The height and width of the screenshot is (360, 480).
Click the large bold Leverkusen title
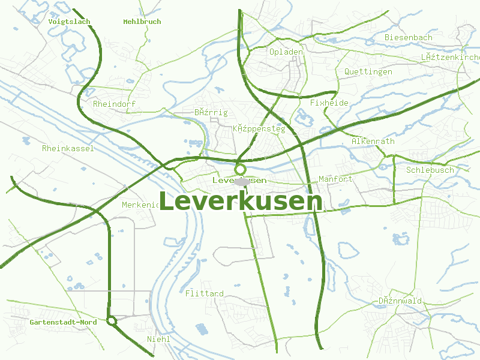click(x=241, y=202)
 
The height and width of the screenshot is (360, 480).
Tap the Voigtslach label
click(x=69, y=22)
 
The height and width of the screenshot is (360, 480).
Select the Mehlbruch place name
click(x=142, y=22)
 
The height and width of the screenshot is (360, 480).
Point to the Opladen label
click(x=286, y=52)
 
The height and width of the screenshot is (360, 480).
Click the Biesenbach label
click(x=408, y=37)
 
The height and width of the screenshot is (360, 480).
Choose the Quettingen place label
click(x=368, y=71)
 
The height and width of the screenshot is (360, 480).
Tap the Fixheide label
click(x=329, y=103)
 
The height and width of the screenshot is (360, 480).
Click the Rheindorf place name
click(x=115, y=104)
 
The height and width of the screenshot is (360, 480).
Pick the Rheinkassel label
click(x=68, y=148)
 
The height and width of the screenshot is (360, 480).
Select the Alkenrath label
click(x=373, y=141)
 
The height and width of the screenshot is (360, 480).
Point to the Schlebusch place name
click(x=430, y=170)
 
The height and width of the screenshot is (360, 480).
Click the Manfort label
click(x=335, y=179)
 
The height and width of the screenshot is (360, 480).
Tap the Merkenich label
click(x=140, y=205)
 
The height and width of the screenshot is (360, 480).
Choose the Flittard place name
click(x=205, y=293)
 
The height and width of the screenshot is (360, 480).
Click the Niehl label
click(x=159, y=339)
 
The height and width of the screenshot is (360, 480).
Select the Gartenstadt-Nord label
click(x=63, y=322)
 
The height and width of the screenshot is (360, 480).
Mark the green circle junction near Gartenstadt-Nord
click(x=111, y=321)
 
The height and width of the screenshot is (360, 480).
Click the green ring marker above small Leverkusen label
click(x=241, y=169)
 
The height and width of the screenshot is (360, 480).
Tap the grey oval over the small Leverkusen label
click(x=242, y=181)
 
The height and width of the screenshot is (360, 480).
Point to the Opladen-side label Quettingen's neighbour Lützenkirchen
click(x=450, y=57)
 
